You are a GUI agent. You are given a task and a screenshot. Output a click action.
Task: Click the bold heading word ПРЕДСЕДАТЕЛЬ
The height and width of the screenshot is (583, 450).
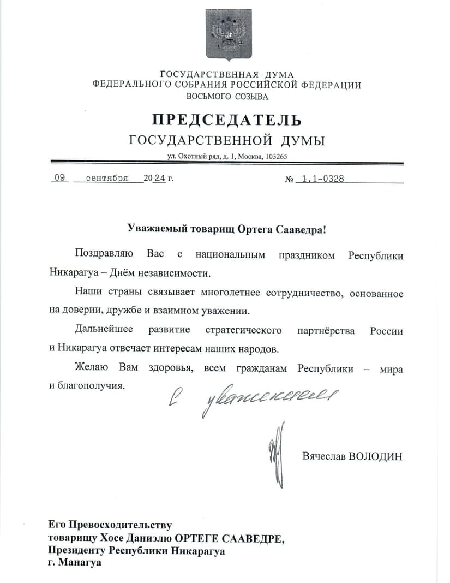(x=226, y=120)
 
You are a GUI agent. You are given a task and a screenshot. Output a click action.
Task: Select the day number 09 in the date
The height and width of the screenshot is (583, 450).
(x=60, y=178)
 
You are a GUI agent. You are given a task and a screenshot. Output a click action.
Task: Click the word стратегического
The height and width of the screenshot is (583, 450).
(x=244, y=331)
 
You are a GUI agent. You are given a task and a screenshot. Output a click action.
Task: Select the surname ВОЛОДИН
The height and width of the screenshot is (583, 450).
(x=375, y=456)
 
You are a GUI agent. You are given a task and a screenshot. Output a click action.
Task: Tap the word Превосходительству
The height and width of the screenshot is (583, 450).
(x=121, y=525)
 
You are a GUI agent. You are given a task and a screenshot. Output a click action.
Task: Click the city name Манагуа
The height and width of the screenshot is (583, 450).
(x=80, y=564)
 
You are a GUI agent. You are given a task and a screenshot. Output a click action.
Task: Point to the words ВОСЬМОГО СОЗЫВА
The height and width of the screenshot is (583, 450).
(x=227, y=97)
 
